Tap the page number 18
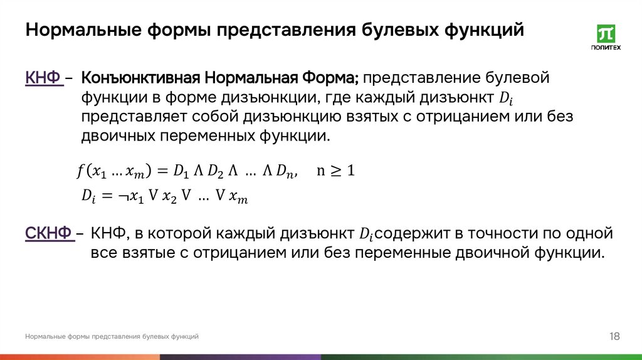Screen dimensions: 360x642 tap(614, 337)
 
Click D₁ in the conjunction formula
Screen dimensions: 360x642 tap(181, 171)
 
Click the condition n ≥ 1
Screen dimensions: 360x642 tap(335, 171)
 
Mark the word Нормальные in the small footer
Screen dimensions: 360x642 tap(43, 337)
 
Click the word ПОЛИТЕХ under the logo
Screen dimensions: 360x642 tap(606, 48)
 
